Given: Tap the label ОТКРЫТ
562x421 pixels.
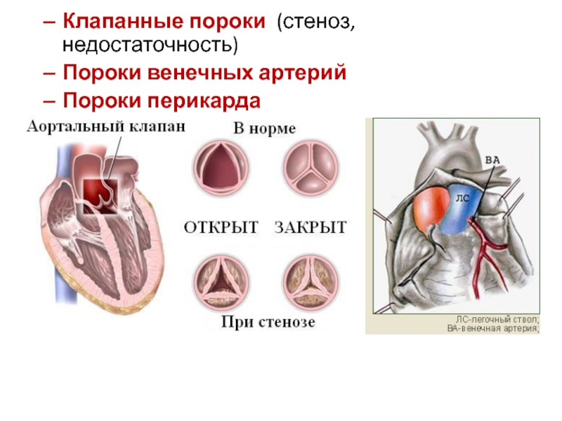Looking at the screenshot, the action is (221, 227).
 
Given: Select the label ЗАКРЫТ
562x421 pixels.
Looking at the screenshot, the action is (311, 227).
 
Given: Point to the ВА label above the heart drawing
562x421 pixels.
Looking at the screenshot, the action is (492, 160).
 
